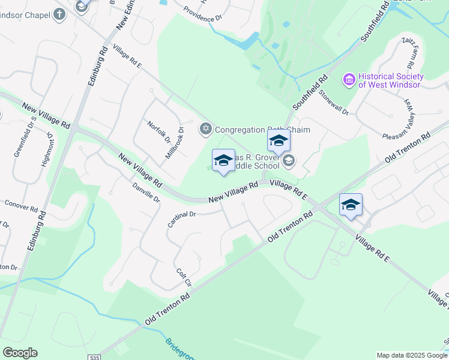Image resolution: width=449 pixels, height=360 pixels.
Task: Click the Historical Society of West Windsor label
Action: [x=391, y=80]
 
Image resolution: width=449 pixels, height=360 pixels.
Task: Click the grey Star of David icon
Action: [x=205, y=128]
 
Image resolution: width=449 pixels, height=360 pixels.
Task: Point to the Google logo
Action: [x=20, y=353]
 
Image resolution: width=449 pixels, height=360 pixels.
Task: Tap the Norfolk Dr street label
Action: [x=160, y=131]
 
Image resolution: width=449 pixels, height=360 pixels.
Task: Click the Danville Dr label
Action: [x=146, y=192]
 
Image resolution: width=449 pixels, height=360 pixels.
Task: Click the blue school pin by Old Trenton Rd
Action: [x=351, y=205]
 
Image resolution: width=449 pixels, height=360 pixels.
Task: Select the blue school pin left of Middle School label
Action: [x=223, y=161]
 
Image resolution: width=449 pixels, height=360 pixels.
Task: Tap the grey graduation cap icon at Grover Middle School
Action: [x=289, y=160]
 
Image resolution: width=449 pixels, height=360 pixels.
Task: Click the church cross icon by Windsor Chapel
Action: [x=59, y=14]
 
